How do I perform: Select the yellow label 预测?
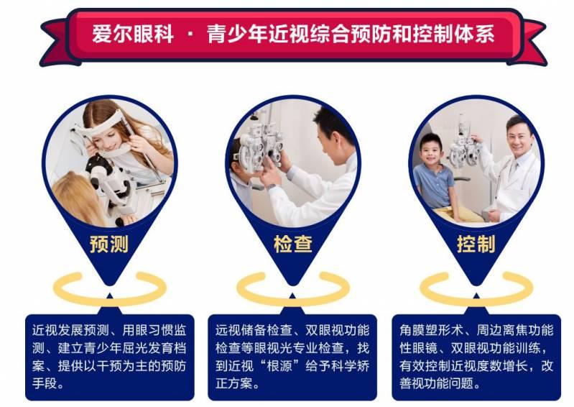click(109, 244)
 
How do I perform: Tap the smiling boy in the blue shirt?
click(434, 162)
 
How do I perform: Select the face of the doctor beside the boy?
click(517, 137)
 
